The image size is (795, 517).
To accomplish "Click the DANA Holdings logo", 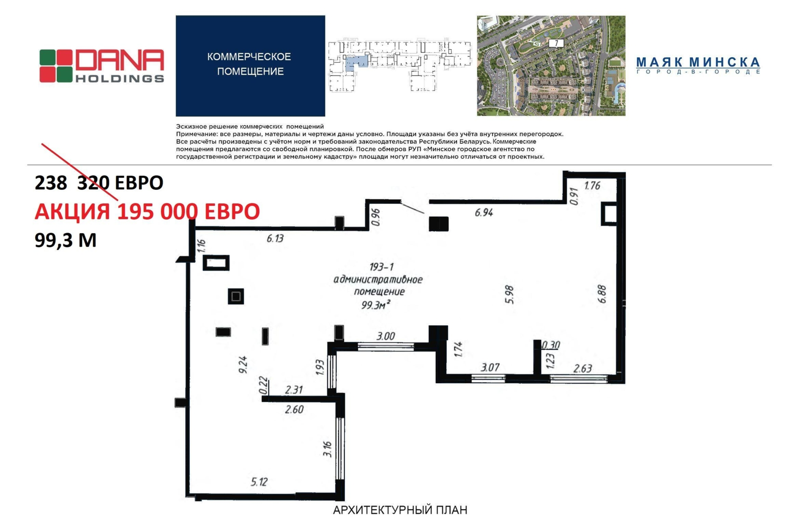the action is pos(102,66).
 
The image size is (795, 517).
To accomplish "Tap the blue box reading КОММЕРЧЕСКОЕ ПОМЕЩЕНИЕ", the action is pos(250,66).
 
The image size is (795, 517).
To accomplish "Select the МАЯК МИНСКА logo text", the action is pos(698,66).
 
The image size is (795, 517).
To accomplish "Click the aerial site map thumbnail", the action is pos(551,66).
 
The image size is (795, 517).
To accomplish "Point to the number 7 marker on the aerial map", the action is pos(556,43).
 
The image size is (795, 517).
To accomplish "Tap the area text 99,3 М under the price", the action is pos(66,241).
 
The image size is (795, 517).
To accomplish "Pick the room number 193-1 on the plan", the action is pos(381,266).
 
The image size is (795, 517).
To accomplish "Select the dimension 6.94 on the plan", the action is pos(484,213).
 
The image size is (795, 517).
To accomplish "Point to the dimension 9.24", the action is pos(243,365).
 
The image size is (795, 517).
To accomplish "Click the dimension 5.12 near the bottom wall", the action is pos(259,482).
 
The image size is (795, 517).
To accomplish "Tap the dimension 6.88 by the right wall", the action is pos(602,294).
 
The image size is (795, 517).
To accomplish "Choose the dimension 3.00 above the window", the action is pos(386,336).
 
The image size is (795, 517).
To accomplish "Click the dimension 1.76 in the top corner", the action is pos(592,186).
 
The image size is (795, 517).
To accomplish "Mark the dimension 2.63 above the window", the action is pos(582,368).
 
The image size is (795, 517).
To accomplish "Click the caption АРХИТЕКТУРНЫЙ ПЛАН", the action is pos(400,510).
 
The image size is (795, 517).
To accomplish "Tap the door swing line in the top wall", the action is pos(412,207).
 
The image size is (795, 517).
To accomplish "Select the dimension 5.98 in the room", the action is pos(509,294).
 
